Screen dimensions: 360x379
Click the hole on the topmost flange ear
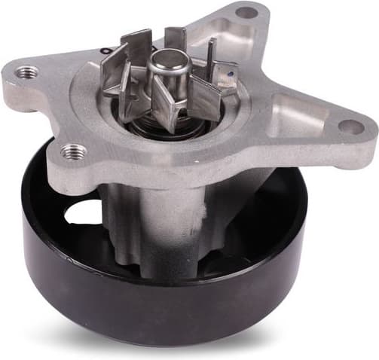tap(246, 12)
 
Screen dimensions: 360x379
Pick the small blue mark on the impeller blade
tap(223, 73)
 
